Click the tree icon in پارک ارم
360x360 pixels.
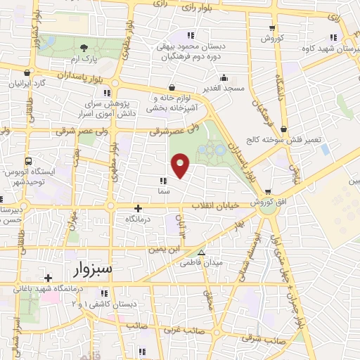pyautogui.click(x=84, y=48)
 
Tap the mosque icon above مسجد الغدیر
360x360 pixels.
pyautogui.click(x=224, y=77)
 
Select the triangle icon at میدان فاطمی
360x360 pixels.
pyautogui.click(x=202, y=252)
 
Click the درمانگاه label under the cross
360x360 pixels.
pyautogui.click(x=139, y=219)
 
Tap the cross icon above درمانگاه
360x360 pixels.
pyautogui.click(x=139, y=208)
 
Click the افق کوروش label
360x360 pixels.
pyautogui.click(x=267, y=202)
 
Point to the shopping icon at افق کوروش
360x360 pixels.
pyautogui.click(x=267, y=192)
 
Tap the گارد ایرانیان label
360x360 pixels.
pyautogui.click(x=27, y=82)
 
